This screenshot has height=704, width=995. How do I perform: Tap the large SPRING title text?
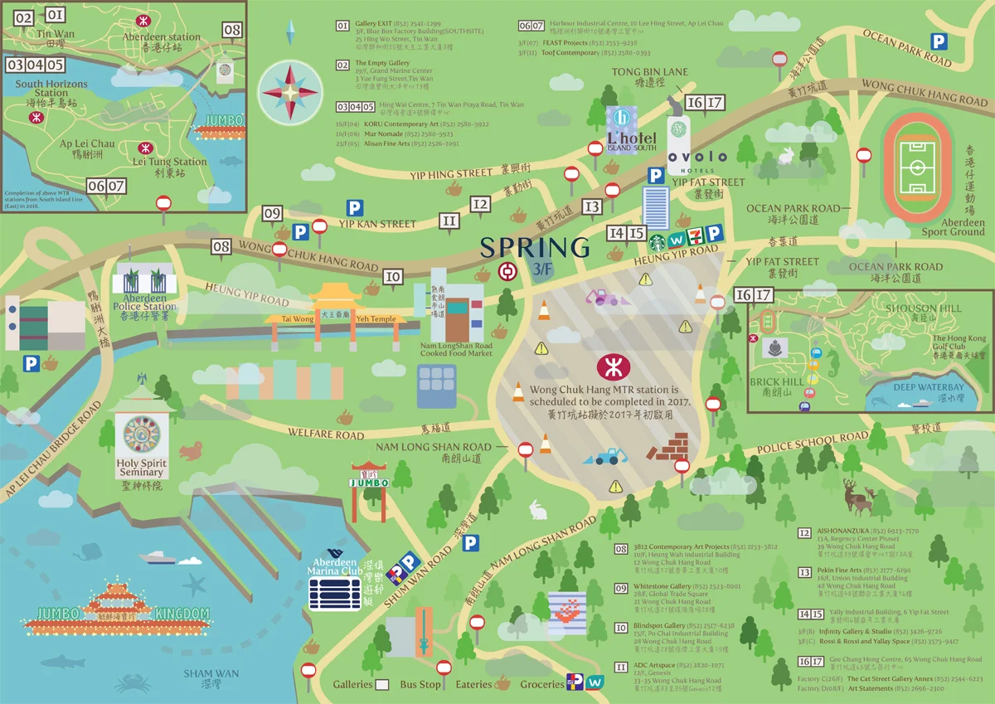(535, 247)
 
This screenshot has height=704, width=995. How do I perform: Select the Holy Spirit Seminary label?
(141, 468)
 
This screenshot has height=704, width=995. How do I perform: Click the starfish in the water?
(196, 586)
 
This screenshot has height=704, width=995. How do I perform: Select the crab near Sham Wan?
(133, 683)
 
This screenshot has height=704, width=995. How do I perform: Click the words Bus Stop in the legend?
(420, 684)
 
